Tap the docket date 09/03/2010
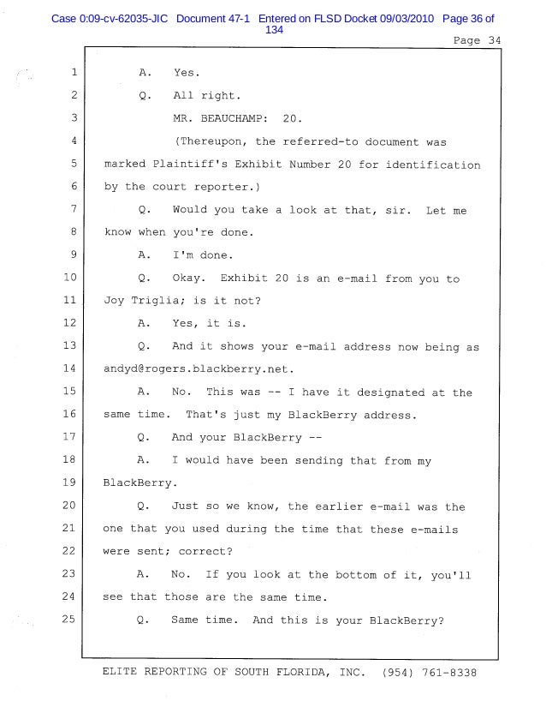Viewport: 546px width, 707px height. (401, 18)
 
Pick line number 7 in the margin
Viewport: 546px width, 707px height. (74, 209)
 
